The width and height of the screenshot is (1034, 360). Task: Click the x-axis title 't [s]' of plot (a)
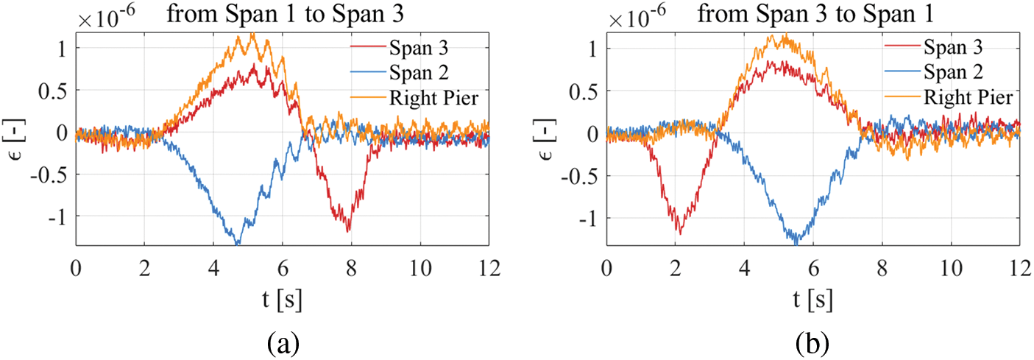[283, 299]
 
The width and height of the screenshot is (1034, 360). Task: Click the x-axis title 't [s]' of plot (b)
[812, 299]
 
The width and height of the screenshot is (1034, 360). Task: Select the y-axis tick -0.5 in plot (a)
[53, 175]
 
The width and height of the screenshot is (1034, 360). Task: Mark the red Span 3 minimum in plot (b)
[679, 234]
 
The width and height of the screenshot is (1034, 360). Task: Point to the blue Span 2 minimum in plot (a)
[237, 243]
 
